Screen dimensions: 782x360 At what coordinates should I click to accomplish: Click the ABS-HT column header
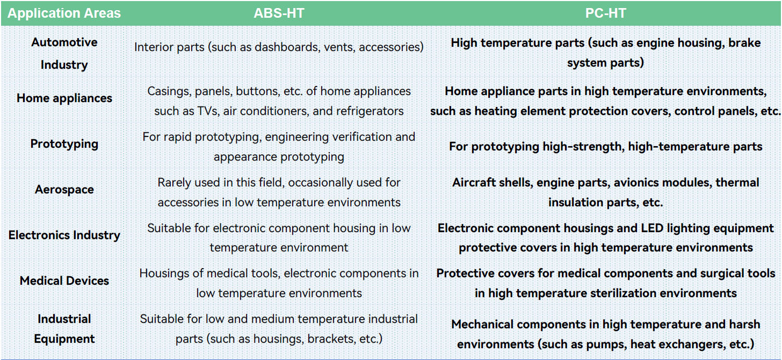click(279, 13)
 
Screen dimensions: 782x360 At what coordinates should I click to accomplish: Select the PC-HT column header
click(606, 13)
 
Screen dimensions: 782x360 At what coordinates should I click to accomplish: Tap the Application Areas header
click(64, 13)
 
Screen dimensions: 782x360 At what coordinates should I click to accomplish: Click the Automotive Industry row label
click(64, 53)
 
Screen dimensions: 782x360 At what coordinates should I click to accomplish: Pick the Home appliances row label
click(64, 98)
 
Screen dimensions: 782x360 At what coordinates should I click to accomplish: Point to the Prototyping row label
click(64, 144)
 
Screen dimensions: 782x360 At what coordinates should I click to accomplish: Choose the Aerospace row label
click(64, 189)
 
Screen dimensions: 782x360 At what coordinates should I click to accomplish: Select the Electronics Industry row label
click(64, 235)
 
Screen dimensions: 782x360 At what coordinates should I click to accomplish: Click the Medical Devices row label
click(64, 280)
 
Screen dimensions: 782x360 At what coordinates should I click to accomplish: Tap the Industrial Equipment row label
click(64, 329)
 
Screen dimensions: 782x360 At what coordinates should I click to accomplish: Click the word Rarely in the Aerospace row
click(174, 183)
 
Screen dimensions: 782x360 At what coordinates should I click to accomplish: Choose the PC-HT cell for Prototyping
click(606, 147)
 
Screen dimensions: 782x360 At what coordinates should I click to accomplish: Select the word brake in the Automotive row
click(744, 43)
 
